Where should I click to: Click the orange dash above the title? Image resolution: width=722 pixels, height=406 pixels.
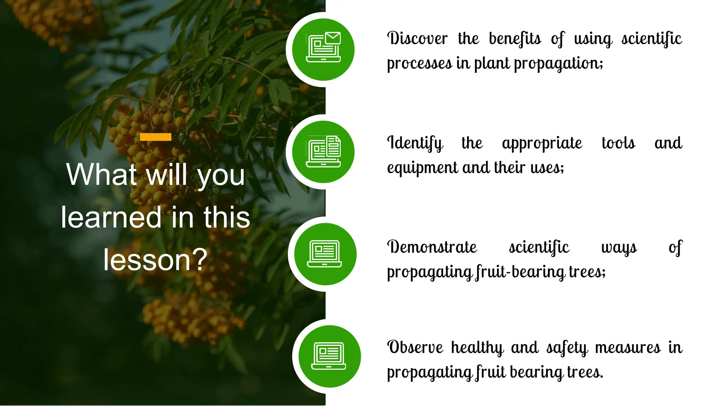(155, 137)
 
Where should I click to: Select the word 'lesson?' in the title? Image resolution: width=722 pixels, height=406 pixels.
(155, 260)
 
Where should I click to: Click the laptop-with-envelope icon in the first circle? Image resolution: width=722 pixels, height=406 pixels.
(323, 47)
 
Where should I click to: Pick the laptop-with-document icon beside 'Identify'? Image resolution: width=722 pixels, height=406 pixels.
(323, 152)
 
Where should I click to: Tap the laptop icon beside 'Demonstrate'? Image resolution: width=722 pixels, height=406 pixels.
(325, 254)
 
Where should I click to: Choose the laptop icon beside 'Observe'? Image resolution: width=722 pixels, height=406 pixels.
(329, 356)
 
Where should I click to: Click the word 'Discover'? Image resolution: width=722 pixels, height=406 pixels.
(417, 38)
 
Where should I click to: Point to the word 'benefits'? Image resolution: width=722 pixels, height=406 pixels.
(515, 38)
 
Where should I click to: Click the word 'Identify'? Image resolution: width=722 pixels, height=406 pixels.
(415, 143)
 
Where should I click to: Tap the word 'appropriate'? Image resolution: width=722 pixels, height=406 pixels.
(542, 143)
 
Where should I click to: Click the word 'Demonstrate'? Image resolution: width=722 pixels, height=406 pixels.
(432, 247)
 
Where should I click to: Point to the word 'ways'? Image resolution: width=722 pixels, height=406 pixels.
(619, 247)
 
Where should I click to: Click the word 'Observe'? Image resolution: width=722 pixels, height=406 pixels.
(415, 347)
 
